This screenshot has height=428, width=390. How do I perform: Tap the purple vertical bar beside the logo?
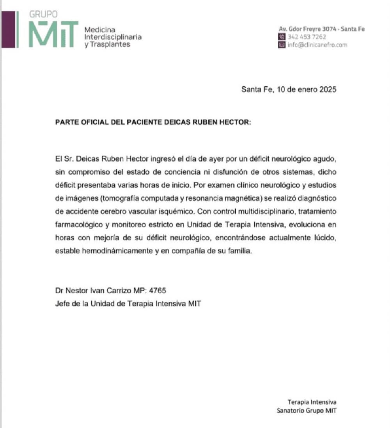click(x=16, y=29)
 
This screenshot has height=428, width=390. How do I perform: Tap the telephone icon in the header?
click(x=282, y=37)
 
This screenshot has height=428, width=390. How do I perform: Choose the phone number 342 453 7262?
click(x=307, y=37)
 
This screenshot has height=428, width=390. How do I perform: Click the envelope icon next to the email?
click(x=282, y=45)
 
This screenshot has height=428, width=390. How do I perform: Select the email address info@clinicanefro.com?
click(x=317, y=45)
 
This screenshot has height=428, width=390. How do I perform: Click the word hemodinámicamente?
click(x=118, y=251)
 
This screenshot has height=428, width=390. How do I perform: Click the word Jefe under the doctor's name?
click(x=62, y=303)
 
